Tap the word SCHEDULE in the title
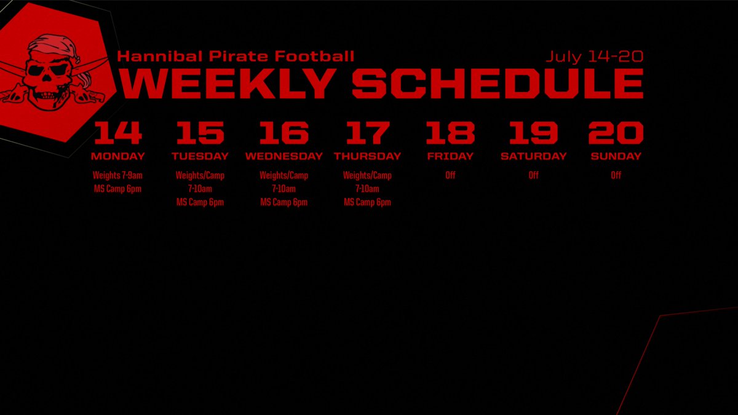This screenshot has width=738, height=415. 498,84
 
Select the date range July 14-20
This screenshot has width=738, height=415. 595,57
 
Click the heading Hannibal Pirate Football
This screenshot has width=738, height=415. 236,57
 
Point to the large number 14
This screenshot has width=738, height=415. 117,133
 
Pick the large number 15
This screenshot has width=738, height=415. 200,133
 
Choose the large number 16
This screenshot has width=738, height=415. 284,133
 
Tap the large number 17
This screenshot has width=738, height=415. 367,133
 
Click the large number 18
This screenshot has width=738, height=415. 450,133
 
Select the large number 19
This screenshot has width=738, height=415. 533,133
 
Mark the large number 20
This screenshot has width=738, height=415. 616,133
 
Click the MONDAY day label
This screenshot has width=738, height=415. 117,156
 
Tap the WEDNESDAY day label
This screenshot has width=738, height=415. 284,156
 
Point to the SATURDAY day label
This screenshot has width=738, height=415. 533,156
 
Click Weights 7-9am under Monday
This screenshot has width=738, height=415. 117,175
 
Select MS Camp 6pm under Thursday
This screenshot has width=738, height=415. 367,202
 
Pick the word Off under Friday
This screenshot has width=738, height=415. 450,175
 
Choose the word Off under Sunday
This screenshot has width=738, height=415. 616,175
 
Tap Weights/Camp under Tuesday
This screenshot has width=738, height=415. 200,175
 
